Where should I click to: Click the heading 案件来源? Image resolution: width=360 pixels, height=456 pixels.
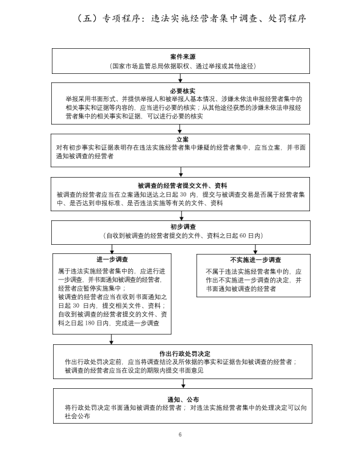(x=182, y=56)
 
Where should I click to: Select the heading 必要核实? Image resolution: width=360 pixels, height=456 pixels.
(x=182, y=91)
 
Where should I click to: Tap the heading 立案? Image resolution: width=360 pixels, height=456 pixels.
(x=182, y=139)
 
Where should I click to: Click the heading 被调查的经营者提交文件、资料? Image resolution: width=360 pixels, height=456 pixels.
(x=182, y=186)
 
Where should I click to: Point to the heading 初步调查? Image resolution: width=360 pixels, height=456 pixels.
(x=183, y=226)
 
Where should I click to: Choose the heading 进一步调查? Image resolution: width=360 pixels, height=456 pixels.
(x=112, y=259)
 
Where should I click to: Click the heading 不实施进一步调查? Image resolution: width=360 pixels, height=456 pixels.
(x=255, y=259)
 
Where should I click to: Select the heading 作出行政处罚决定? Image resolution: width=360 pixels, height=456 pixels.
(x=185, y=353)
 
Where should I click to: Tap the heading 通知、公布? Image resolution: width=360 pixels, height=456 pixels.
(x=183, y=399)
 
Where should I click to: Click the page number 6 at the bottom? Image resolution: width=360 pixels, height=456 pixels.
(x=180, y=435)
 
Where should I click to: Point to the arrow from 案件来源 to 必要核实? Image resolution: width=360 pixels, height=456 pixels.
(x=180, y=78)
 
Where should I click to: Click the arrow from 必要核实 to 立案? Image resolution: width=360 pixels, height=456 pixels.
(x=180, y=129)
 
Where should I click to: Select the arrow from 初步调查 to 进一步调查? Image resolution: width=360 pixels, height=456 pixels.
(x=112, y=249)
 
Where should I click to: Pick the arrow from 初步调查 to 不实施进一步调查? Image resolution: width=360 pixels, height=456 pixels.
(x=255, y=249)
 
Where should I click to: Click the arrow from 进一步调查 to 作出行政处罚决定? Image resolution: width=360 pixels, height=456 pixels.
(x=112, y=339)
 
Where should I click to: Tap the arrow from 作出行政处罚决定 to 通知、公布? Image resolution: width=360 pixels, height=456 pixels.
(x=183, y=383)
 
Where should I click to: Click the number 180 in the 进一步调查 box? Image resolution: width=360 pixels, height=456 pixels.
(x=90, y=323)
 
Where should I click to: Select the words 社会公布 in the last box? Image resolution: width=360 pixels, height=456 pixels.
(x=77, y=416)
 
